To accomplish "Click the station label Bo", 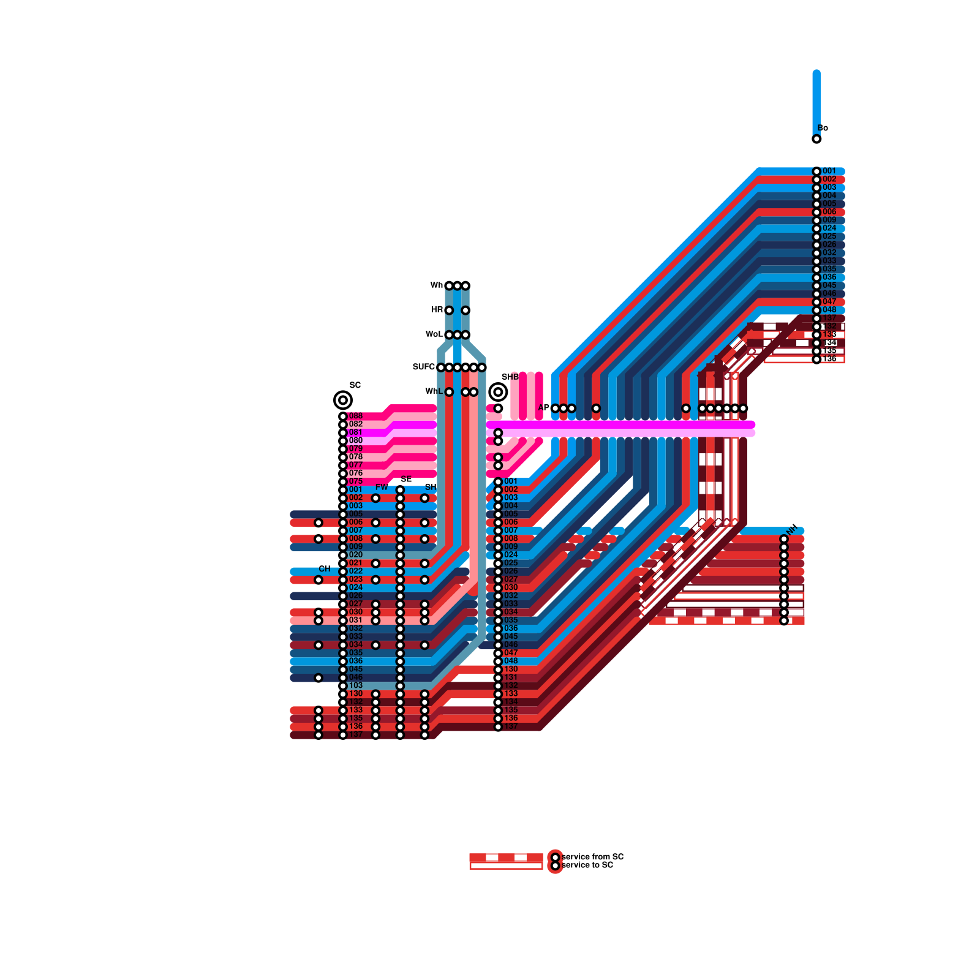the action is pos(823,128).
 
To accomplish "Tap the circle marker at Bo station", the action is pos(816,139).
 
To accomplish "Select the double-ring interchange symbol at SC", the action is pos(343,401).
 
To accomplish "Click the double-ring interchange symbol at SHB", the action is pos(498,391).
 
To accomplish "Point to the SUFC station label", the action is pos(423,367).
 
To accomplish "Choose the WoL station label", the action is pos(434,334).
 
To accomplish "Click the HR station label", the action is pos(437,310).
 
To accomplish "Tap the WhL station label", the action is pos(434,391).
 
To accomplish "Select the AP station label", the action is pos(543,408).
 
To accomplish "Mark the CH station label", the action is pos(325,569).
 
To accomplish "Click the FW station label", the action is pos(382,488).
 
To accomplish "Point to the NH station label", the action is pos(793,529).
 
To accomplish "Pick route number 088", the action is pos(355,417).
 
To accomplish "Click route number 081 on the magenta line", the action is pos(355,432).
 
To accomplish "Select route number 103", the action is pos(355,685).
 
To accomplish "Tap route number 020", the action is pos(355,555).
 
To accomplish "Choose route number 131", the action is pos(511,677).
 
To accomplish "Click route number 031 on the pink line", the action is pos(355,620).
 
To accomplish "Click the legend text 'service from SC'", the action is pos(592,857).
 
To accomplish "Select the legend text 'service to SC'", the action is pos(587,865).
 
